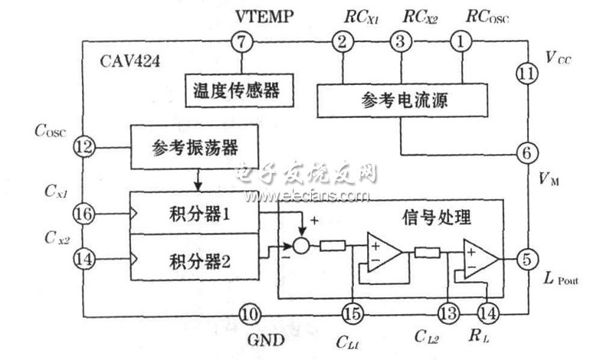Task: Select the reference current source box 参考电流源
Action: coord(402,101)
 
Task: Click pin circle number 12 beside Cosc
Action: coord(83,144)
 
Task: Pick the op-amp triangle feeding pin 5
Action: coord(479,258)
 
